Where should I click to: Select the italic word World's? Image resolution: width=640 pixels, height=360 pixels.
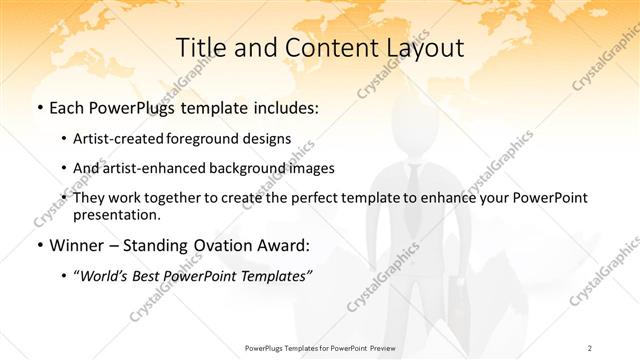tap(104, 275)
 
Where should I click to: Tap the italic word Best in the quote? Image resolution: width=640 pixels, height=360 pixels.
tap(148, 275)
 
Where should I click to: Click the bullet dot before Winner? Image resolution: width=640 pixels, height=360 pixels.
tap(38, 246)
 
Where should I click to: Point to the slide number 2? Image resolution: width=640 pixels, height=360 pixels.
tap(590, 347)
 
